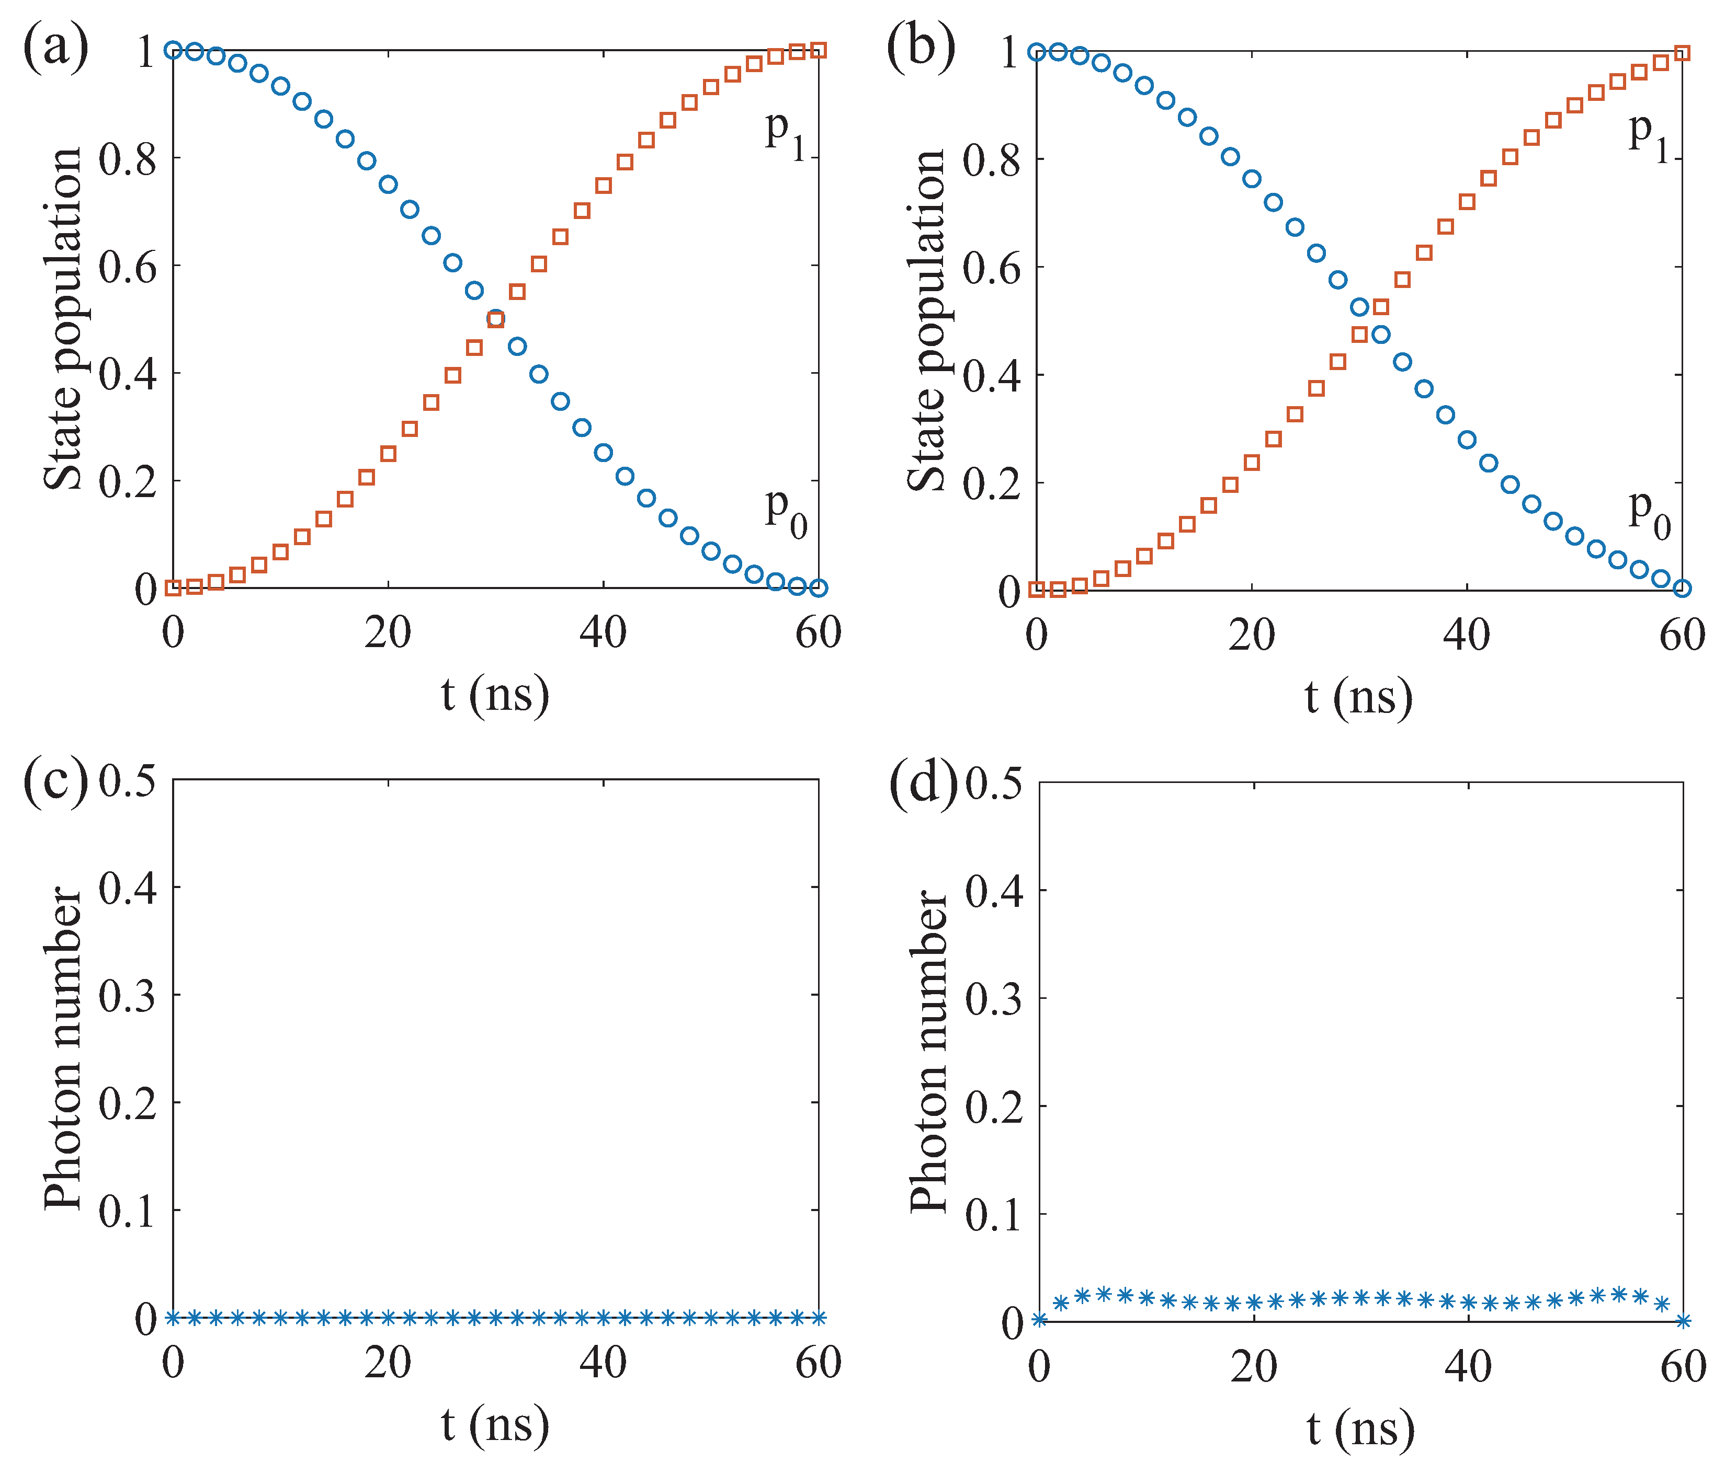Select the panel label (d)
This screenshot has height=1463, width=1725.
(x=922, y=782)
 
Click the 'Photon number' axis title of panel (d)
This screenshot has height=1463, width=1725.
(x=928, y=1052)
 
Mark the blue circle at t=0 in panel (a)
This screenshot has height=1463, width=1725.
(x=173, y=50)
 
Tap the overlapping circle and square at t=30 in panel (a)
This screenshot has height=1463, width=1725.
(x=495, y=318)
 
